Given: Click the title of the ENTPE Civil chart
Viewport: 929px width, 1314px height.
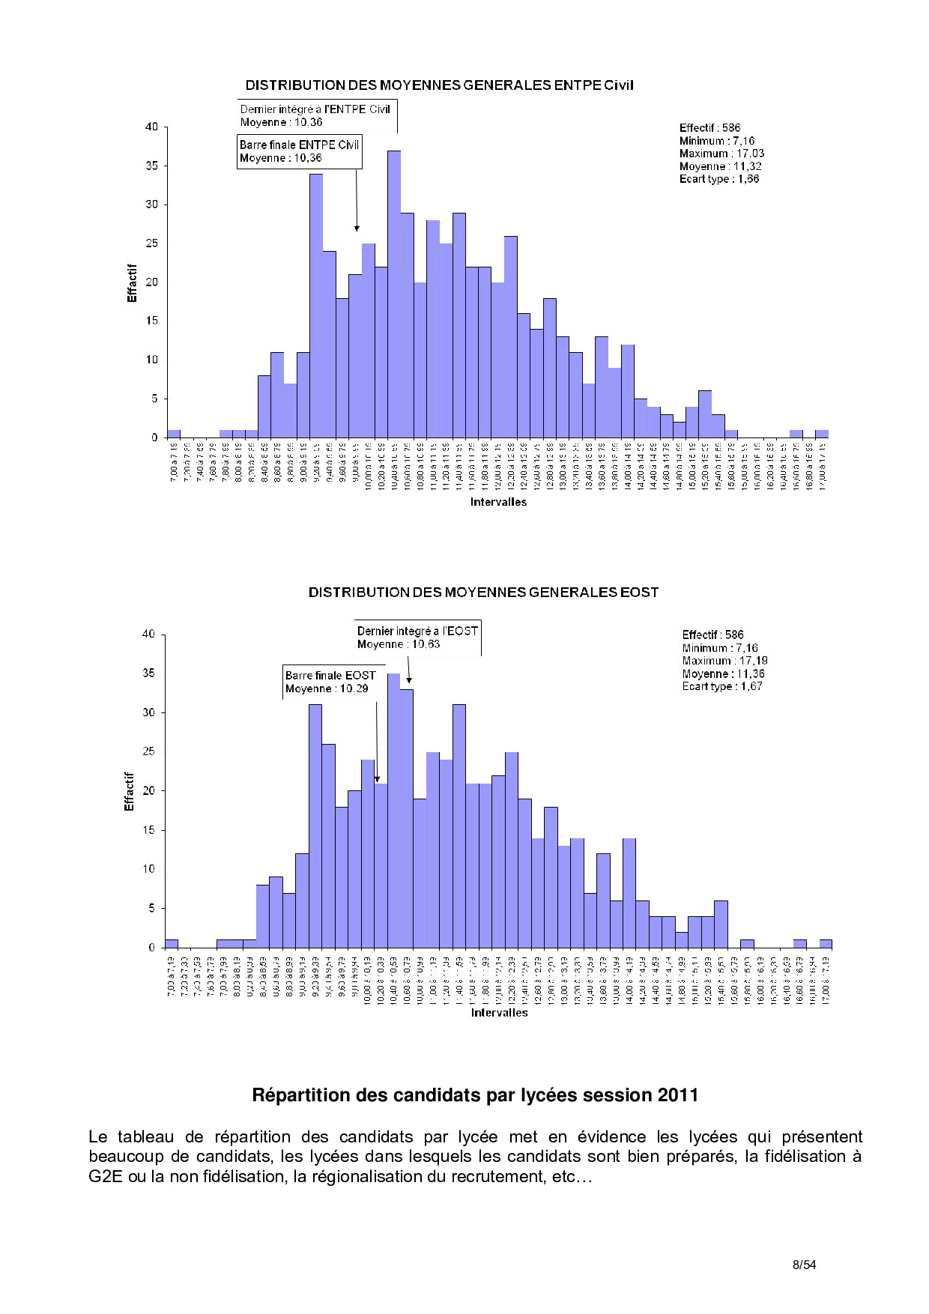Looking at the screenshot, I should (439, 85).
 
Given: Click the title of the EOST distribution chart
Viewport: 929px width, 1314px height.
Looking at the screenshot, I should (483, 593).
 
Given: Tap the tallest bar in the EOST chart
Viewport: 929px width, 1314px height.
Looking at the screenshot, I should (394, 810).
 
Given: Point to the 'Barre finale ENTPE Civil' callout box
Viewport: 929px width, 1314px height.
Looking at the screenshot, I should (299, 151).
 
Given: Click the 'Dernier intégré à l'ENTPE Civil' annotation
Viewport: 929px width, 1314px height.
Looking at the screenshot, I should (315, 115).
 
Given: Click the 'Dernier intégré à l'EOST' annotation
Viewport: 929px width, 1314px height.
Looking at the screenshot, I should (417, 638).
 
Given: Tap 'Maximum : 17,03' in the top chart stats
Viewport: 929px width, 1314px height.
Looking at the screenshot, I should (721, 154).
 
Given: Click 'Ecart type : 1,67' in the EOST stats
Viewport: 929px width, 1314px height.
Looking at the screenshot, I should (721, 686).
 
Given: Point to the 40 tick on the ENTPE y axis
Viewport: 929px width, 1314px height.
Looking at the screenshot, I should (152, 127).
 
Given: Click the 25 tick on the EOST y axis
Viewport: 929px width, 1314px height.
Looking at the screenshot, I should (149, 751).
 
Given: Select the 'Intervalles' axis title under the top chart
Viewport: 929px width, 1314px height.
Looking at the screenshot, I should (498, 502).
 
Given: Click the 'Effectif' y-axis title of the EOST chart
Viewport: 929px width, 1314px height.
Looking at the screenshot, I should (129, 791).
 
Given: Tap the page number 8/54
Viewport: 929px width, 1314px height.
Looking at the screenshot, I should (804, 1265).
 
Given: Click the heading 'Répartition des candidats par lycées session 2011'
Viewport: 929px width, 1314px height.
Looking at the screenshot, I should (475, 1095).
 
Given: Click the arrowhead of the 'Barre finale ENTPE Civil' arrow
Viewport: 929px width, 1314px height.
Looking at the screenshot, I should (357, 228).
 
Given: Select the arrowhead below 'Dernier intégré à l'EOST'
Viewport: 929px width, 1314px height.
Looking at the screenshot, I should (409, 680).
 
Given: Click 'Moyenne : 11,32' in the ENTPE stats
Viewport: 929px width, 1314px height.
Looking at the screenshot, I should (720, 166).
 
